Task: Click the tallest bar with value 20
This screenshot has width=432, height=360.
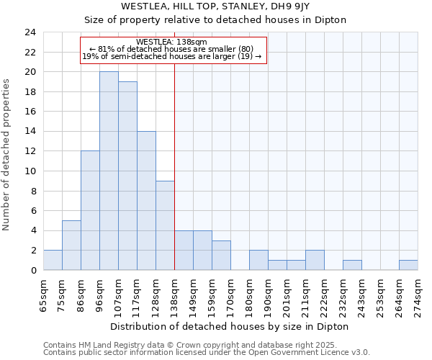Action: [109, 171]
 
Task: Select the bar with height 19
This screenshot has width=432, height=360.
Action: [127, 176]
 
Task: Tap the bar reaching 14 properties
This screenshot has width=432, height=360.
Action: [146, 200]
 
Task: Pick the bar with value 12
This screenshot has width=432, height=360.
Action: [90, 210]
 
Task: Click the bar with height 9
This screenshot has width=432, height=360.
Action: [165, 225]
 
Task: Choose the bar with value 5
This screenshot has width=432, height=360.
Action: [71, 245]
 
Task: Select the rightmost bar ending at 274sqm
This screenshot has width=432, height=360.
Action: [408, 265]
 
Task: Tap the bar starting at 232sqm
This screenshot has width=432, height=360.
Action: [352, 265]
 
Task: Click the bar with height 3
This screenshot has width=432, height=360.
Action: [221, 255]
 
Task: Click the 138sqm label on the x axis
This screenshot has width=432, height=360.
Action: [175, 294]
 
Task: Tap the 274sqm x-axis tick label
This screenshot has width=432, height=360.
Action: [418, 294]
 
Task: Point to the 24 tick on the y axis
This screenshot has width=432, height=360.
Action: [30, 32]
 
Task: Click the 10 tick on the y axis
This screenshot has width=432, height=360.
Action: [30, 171]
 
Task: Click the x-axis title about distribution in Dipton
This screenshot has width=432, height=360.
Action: [230, 326]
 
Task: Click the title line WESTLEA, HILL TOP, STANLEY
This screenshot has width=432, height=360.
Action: [215, 6]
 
